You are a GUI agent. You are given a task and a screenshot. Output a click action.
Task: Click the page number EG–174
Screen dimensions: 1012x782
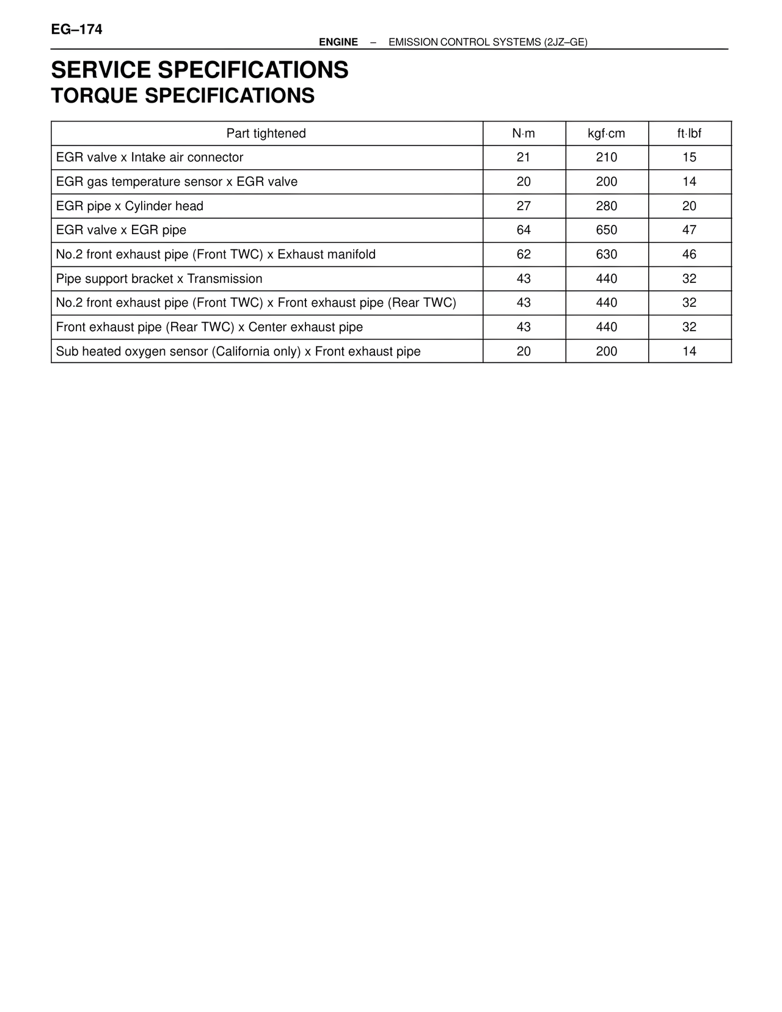[x=76, y=29]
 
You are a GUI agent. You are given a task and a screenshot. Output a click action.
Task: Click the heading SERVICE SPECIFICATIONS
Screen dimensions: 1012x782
[x=199, y=70]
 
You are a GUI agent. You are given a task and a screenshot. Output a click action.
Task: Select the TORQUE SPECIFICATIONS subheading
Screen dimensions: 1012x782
[x=183, y=96]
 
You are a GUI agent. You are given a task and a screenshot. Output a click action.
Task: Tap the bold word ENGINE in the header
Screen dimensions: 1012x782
[x=338, y=42]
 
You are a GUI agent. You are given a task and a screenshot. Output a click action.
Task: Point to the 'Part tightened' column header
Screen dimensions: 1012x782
[x=266, y=133]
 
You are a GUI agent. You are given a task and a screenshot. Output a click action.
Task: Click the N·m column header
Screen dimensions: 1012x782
[x=524, y=133]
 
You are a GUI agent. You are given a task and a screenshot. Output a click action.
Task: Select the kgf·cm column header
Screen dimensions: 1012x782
[x=606, y=133]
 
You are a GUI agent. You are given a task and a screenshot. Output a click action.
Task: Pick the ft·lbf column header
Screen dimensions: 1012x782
[x=689, y=133]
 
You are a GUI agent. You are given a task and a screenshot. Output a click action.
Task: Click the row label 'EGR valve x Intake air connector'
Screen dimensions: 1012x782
[x=149, y=158]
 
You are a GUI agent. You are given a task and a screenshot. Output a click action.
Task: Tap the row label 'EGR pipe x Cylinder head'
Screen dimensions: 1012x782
[x=130, y=206]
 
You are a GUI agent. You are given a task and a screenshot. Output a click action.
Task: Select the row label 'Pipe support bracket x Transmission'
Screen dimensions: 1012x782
[x=159, y=279]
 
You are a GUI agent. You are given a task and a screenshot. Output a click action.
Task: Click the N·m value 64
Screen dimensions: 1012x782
[x=524, y=230]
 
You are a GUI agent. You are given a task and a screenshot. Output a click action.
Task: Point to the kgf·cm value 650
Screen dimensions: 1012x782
[x=606, y=230]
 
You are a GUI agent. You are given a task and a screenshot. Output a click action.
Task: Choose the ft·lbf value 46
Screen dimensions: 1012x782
[x=689, y=254]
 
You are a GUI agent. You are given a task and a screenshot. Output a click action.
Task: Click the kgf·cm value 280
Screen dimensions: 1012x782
[x=606, y=206]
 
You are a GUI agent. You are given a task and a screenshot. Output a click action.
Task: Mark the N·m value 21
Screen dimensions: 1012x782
[x=524, y=158]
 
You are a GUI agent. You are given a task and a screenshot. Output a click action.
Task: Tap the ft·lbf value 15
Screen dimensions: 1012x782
[x=689, y=158]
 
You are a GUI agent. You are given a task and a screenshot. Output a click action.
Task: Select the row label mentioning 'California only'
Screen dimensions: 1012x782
[x=238, y=351]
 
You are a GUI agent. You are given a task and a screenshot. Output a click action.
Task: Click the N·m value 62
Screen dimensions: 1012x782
[x=524, y=254]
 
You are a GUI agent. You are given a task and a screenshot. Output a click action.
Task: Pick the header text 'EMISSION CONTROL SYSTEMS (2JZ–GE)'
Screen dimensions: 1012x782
[x=488, y=42]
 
